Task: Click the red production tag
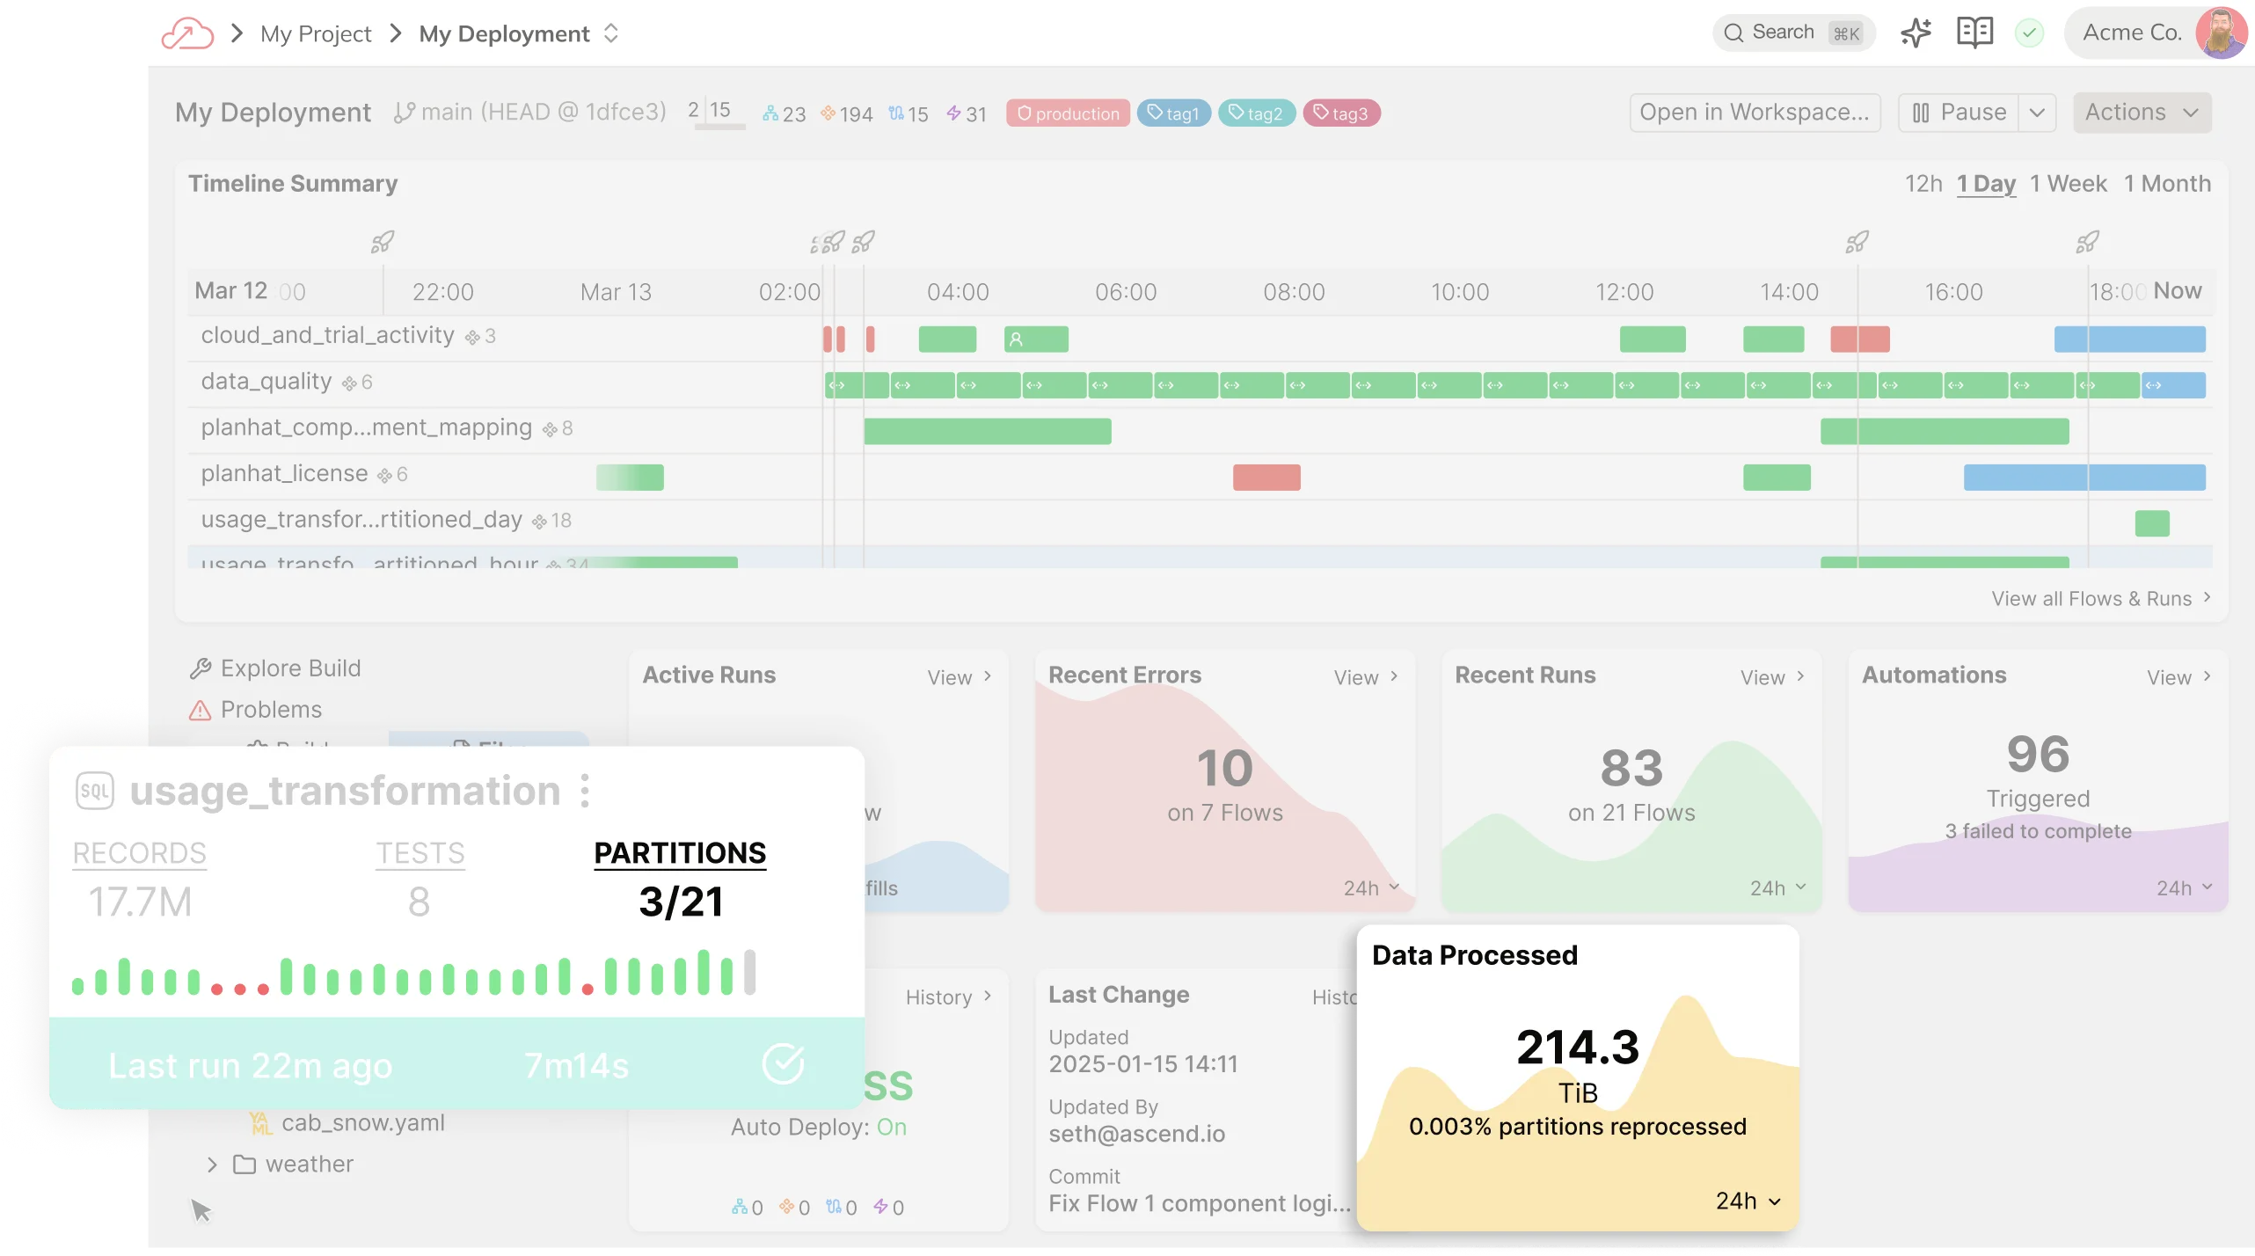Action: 1068,113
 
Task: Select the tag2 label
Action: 1256,113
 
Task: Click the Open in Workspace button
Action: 1754,113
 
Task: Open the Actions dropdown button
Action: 2141,113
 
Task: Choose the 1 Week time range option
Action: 2068,184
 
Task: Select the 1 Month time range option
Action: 2166,184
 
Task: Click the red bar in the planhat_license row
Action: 1266,478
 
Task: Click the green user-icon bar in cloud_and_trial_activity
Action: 1036,340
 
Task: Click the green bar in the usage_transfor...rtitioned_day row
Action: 2151,523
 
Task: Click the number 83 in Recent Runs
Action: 1631,768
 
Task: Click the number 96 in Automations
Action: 2038,755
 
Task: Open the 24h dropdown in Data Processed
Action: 1748,1201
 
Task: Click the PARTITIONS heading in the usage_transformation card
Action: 680,853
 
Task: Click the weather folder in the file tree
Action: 308,1165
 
